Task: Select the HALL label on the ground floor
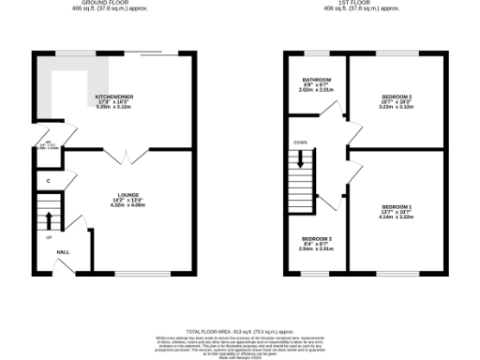(x=63, y=252)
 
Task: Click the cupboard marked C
(x=47, y=179)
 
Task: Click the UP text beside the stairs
(x=48, y=237)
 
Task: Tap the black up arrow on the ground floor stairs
(x=48, y=220)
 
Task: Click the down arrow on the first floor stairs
(x=300, y=159)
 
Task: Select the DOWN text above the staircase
(x=300, y=143)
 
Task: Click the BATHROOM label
(x=316, y=80)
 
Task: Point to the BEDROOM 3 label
(x=316, y=241)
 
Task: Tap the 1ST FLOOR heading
(x=355, y=3)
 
